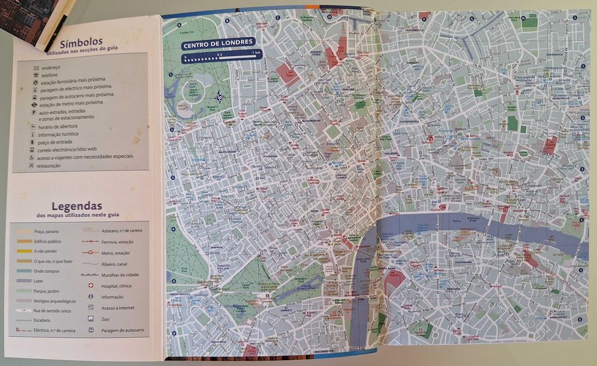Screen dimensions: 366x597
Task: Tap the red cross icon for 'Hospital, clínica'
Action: point(91,285)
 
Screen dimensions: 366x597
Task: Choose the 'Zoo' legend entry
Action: point(106,318)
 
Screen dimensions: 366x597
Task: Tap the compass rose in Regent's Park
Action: point(219,97)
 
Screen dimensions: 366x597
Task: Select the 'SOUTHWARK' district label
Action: point(463,263)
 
